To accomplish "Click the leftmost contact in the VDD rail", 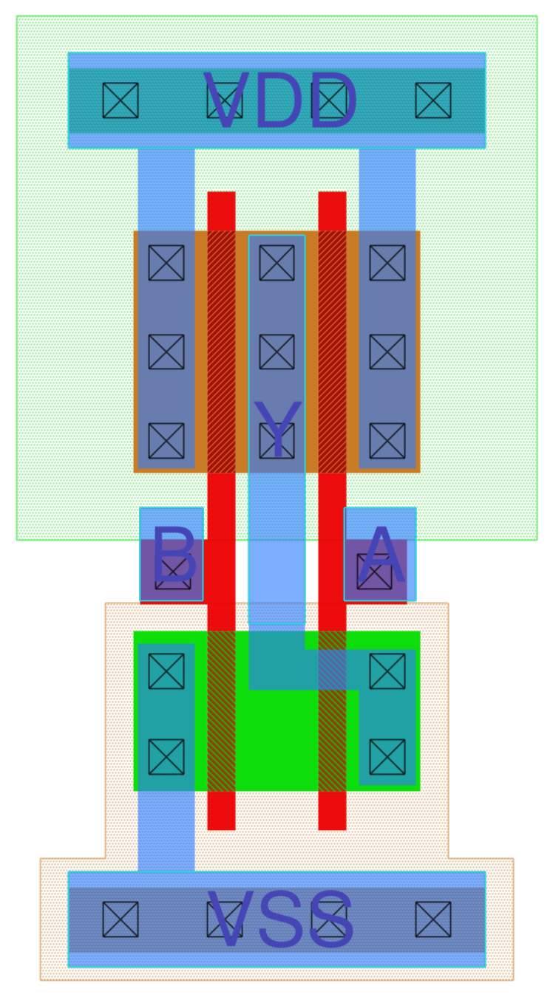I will click(121, 100).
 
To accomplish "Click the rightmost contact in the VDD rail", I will click(433, 100).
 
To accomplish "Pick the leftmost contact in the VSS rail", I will click(121, 919).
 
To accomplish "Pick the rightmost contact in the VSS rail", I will click(433, 919).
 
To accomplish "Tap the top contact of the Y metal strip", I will click(277, 263).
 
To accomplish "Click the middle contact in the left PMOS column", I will click(166, 352).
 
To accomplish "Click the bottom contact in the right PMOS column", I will click(387, 441).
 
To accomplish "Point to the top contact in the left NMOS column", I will click(166, 671).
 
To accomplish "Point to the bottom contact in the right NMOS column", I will click(387, 757).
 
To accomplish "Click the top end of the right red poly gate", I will click(332, 201).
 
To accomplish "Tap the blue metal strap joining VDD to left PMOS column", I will click(166, 189).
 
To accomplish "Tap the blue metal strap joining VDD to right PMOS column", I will click(387, 189).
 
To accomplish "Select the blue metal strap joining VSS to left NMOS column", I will click(166, 832).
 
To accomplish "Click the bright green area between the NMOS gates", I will click(277, 739).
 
